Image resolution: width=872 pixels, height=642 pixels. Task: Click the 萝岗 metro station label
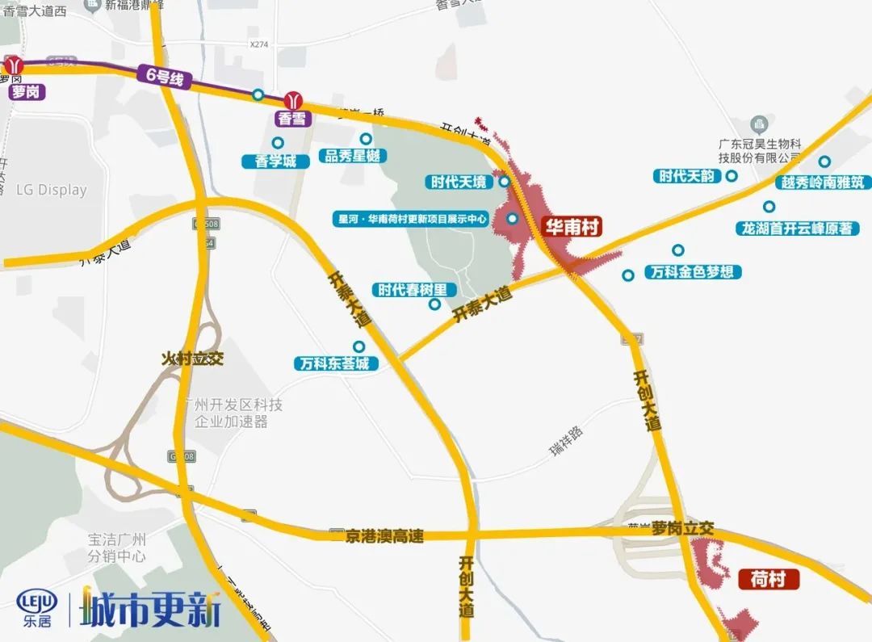pos(25,91)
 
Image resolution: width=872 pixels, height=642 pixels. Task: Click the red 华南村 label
pos(572,228)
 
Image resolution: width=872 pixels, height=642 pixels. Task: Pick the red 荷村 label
pos(768,579)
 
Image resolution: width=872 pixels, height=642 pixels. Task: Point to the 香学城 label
pos(275,161)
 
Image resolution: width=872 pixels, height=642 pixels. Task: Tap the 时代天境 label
pos(458,182)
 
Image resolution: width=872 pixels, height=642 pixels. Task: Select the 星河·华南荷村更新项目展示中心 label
pos(411,218)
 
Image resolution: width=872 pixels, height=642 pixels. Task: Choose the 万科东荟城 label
pos(333,363)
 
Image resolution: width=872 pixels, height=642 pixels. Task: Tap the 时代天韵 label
pos(686,176)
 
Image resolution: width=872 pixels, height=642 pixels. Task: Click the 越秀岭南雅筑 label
pos(817,183)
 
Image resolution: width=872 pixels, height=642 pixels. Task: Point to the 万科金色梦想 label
pos(694,272)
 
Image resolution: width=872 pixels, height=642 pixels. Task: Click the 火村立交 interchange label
pos(192,358)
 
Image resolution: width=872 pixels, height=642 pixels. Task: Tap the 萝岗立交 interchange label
pos(683,528)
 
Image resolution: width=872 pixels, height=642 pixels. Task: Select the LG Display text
pos(51,191)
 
